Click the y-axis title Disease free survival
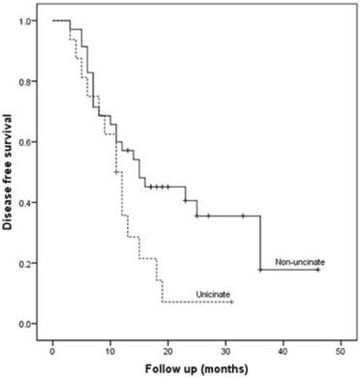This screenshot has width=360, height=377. coord(10,173)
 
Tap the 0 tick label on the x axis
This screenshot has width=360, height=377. coord(52,345)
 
